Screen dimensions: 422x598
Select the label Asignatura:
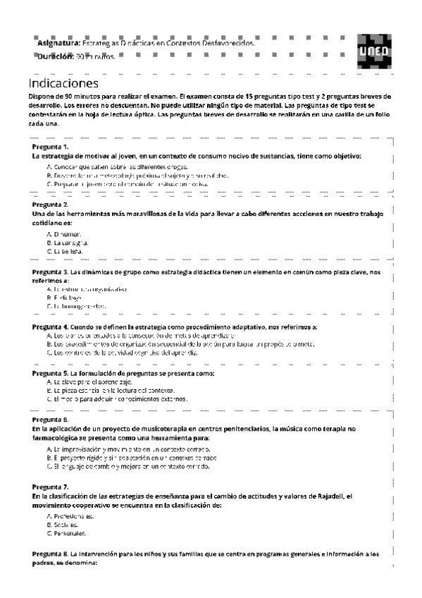click(x=59, y=43)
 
